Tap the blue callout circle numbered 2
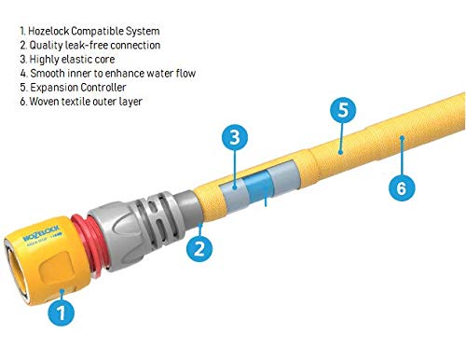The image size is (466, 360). [x=197, y=247]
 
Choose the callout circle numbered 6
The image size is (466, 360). [x=400, y=187]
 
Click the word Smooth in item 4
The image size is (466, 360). [x=47, y=73]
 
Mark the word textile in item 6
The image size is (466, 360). [x=81, y=101]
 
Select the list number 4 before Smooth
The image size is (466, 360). [x=21, y=73]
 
